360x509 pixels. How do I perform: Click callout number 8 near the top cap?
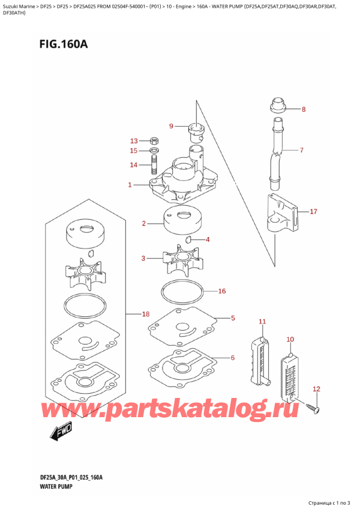(303, 109)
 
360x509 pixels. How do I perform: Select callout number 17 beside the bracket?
(313, 211)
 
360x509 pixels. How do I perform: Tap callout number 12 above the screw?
(317, 389)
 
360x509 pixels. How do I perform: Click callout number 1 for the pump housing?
(130, 185)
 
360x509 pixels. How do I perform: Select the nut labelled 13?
(154, 140)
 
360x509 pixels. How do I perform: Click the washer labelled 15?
(154, 150)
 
